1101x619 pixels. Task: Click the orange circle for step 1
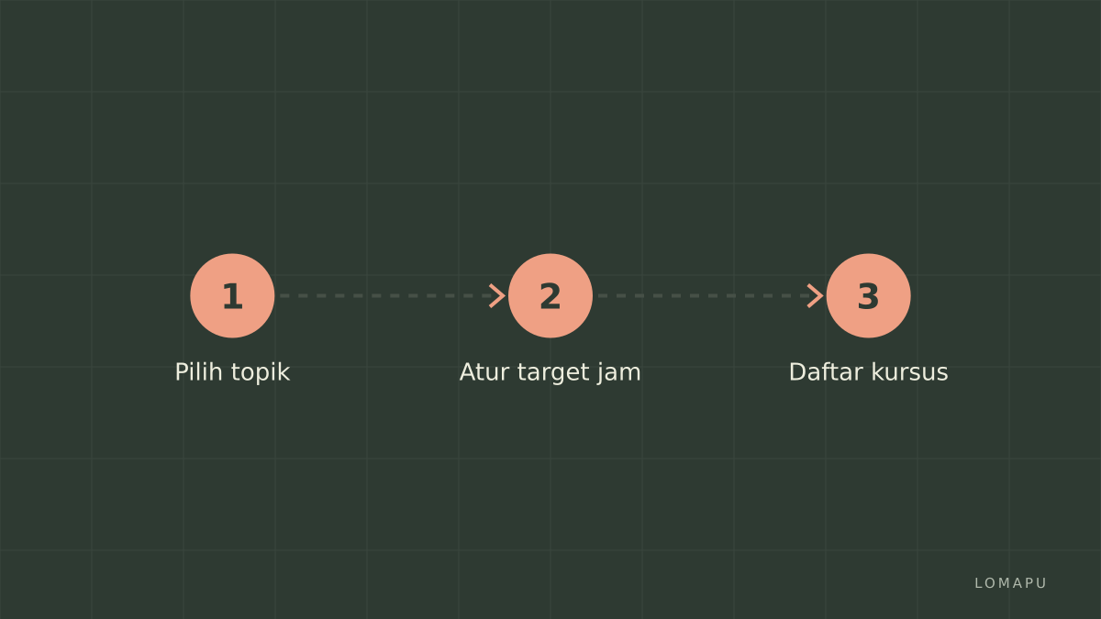tap(232, 295)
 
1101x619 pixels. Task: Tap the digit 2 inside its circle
tap(550, 296)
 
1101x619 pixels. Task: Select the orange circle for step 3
tap(869, 295)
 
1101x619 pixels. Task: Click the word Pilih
tap(198, 372)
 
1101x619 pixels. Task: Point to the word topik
tap(261, 373)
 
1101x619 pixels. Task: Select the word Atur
tap(484, 372)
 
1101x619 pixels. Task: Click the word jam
tap(619, 373)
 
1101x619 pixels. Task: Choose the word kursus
tap(910, 372)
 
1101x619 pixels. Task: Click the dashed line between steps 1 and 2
tap(388, 295)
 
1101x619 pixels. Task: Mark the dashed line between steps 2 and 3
tap(706, 295)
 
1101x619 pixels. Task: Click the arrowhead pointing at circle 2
tap(497, 295)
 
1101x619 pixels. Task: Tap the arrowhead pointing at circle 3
tap(816, 295)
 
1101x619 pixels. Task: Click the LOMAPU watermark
tap(1010, 583)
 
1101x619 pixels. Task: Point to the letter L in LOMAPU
tap(979, 583)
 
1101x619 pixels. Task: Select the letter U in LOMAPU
tap(1042, 583)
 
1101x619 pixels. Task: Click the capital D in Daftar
tap(797, 372)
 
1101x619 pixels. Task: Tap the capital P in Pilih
tap(182, 372)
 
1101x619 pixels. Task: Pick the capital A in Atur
tap(469, 372)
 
